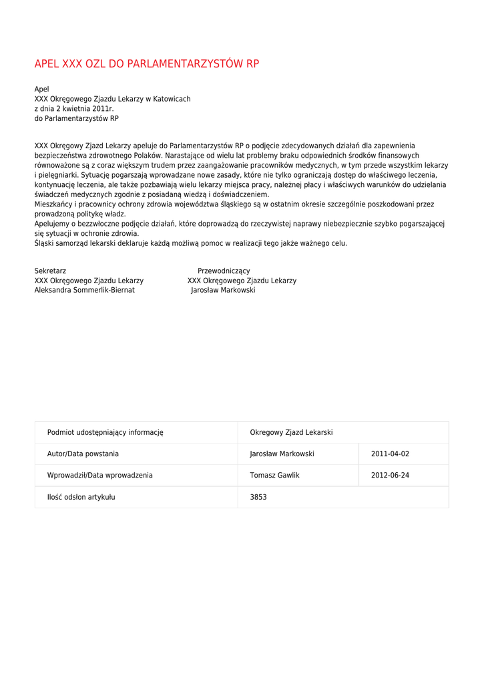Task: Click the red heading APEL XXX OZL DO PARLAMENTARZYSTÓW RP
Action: coord(146,64)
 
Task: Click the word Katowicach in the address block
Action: coord(172,99)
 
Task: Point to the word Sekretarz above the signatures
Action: coord(50,271)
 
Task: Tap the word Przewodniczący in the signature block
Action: coord(224,271)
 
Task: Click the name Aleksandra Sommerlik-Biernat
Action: coord(85,291)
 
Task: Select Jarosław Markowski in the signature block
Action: coord(223,291)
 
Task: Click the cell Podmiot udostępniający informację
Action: coord(105,433)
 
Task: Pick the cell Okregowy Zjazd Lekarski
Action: coord(291,433)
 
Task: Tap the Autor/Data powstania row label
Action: coord(83,454)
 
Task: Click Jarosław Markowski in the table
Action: coord(282,454)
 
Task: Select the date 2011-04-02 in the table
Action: coord(390,454)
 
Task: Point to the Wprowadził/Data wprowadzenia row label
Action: coord(99,476)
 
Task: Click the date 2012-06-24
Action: coord(390,476)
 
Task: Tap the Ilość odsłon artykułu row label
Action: coord(81,497)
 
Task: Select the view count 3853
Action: coord(258,497)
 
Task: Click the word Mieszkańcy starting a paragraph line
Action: coord(53,204)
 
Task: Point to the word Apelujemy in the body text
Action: coord(53,224)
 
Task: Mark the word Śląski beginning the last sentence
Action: coord(45,243)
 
